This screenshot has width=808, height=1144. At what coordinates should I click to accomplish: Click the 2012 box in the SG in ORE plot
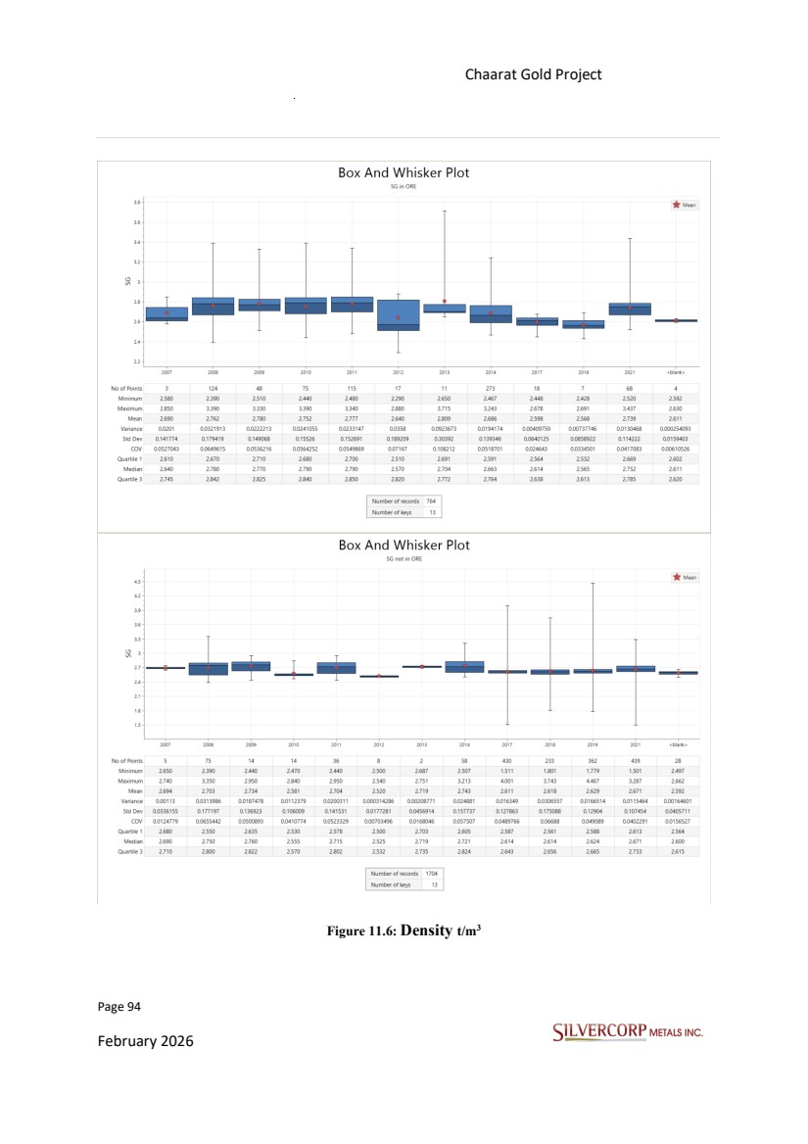click(x=398, y=315)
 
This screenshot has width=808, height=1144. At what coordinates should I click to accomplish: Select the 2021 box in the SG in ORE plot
click(x=630, y=309)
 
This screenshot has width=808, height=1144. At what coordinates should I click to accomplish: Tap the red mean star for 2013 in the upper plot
click(x=444, y=302)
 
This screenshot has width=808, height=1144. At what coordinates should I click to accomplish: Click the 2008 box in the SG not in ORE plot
click(x=209, y=669)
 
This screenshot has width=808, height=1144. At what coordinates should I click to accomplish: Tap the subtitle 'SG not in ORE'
click(x=404, y=557)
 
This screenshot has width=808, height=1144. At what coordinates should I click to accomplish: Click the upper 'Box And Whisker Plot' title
click(x=404, y=172)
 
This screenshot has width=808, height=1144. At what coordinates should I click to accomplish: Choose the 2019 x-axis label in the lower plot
click(x=592, y=744)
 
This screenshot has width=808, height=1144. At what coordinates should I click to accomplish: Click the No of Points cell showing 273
click(x=491, y=389)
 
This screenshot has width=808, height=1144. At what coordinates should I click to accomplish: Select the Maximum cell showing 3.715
click(x=444, y=405)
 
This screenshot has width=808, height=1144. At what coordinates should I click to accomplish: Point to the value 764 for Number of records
click(x=431, y=500)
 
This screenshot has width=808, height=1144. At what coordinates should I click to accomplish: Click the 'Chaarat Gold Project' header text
click(x=533, y=75)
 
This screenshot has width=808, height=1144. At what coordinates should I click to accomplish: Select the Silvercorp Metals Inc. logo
click(x=628, y=1031)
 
